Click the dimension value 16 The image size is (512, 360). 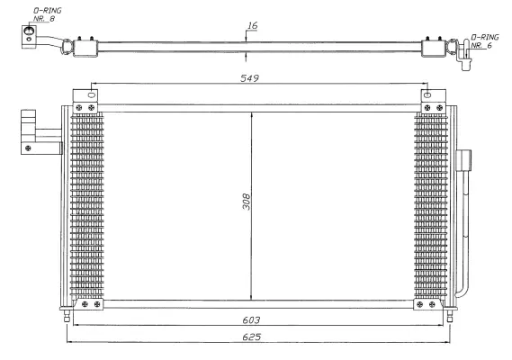point(253,26)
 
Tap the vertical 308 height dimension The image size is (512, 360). point(246,202)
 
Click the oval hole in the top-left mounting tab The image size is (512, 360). point(91,94)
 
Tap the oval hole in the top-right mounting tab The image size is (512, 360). point(428,94)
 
